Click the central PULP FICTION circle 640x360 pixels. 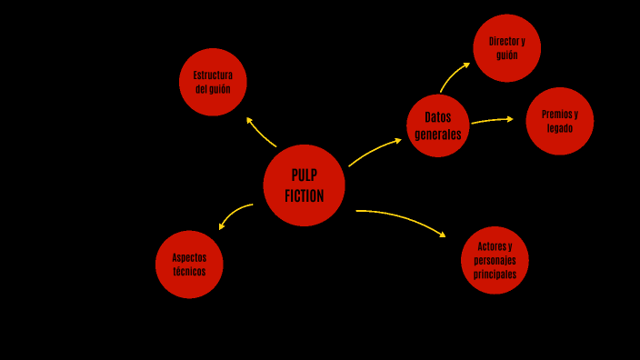click(x=304, y=185)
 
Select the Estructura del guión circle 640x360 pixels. click(x=213, y=82)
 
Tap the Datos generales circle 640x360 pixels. click(x=438, y=125)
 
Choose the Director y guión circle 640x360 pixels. click(x=506, y=48)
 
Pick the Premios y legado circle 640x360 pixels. click(x=559, y=121)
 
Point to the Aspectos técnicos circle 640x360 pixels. click(x=189, y=264)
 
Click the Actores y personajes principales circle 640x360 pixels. click(x=495, y=260)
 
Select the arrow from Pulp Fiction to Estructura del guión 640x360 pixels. click(x=261, y=132)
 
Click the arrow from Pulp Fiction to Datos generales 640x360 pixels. click(x=374, y=152)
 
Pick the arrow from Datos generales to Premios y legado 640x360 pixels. click(x=493, y=119)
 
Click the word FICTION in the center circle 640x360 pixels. click(x=304, y=195)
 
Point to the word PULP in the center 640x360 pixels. click(x=305, y=175)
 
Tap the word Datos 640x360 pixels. click(x=438, y=117)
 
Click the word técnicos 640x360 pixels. click(x=189, y=271)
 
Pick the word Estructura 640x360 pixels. click(x=213, y=75)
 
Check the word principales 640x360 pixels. click(x=495, y=274)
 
